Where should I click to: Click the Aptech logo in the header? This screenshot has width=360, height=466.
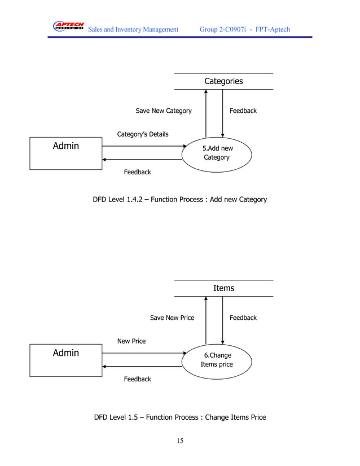coord(68,26)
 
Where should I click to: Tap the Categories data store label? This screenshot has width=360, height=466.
coord(223,81)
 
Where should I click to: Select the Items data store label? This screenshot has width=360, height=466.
coord(223,288)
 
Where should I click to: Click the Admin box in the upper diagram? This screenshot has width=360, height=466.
coord(66,152)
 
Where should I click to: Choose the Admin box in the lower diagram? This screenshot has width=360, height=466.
coord(66,359)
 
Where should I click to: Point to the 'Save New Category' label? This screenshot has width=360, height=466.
coord(164,111)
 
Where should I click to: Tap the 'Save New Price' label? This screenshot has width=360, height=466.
coord(172,318)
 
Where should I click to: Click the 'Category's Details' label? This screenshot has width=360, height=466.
coord(143,134)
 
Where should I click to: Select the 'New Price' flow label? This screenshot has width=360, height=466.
coord(131,341)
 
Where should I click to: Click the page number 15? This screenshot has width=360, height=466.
coord(180,441)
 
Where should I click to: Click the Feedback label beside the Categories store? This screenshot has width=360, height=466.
coord(243,111)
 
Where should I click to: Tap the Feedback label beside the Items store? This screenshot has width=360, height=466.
coord(243,318)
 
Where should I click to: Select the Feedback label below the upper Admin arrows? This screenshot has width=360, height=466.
coord(138,172)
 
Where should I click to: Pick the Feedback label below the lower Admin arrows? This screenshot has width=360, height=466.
coord(138,379)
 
